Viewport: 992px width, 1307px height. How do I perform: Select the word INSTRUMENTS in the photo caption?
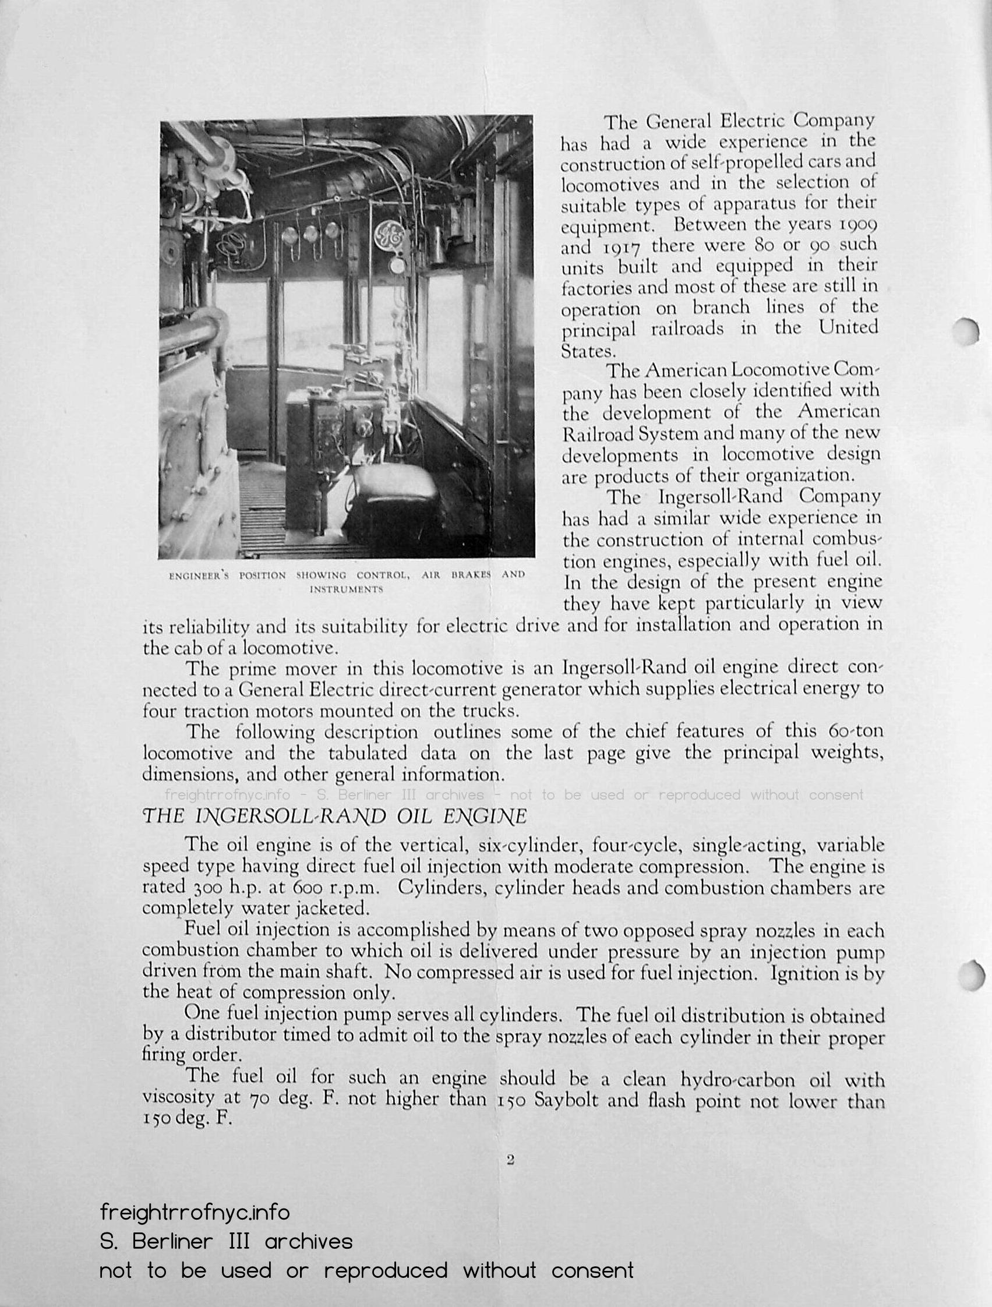pyautogui.click(x=347, y=589)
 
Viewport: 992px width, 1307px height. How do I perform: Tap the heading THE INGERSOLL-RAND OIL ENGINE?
pyautogui.click(x=334, y=817)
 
